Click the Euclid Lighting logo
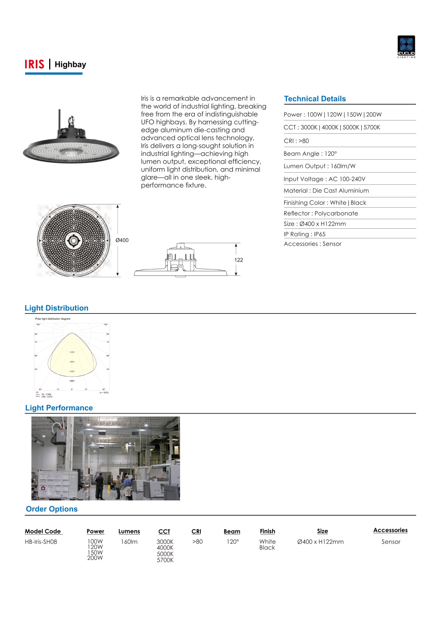pyautogui.click(x=406, y=47)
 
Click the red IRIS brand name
pyautogui.click(x=34, y=64)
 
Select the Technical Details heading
pyautogui.click(x=315, y=99)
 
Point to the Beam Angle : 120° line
pyautogui.click(x=310, y=154)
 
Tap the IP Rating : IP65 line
pyautogui.click(x=304, y=234)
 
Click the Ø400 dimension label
pyautogui.click(x=122, y=240)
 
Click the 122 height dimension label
pyautogui.click(x=238, y=260)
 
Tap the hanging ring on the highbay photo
pyautogui.click(x=71, y=120)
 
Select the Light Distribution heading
pyautogui.click(x=57, y=308)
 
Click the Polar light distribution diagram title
pyautogui.click(x=53, y=319)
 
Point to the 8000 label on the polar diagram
pyautogui.click(x=72, y=381)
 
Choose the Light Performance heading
pyautogui.click(x=59, y=408)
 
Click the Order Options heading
pyautogui.click(x=52, y=509)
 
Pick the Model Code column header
pyautogui.click(x=43, y=531)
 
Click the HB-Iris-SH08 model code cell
pyautogui.click(x=41, y=542)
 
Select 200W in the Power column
pyautogui.click(x=95, y=558)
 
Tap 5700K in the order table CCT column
pyautogui.click(x=165, y=560)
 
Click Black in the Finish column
pyautogui.click(x=267, y=548)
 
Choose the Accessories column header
pyautogui.click(x=390, y=530)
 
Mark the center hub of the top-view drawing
pyautogui.click(x=74, y=241)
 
